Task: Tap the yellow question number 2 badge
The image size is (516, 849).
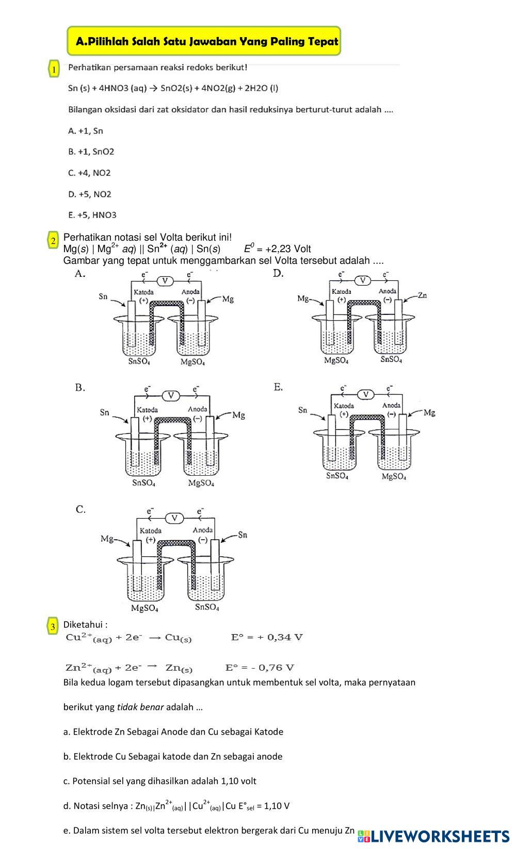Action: (54, 241)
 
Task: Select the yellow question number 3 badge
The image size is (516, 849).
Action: (53, 627)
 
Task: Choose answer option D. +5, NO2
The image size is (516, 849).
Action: (90, 194)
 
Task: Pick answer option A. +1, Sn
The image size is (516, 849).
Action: (86, 131)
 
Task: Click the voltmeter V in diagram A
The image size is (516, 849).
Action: (165, 281)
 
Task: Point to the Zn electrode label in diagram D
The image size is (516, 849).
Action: (422, 295)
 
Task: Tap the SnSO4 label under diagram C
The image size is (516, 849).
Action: (207, 607)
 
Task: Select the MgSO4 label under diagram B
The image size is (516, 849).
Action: (201, 483)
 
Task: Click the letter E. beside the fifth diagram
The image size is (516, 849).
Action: (278, 387)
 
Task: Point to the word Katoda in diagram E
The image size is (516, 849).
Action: (344, 406)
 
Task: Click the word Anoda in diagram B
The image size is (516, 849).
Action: (198, 409)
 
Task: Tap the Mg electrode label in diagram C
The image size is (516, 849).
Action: (107, 539)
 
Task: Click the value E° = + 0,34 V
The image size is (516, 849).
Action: (267, 637)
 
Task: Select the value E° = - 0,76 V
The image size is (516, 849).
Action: (260, 668)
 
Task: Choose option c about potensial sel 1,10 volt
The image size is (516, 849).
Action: (160, 781)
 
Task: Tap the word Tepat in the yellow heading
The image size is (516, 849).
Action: (323, 41)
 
